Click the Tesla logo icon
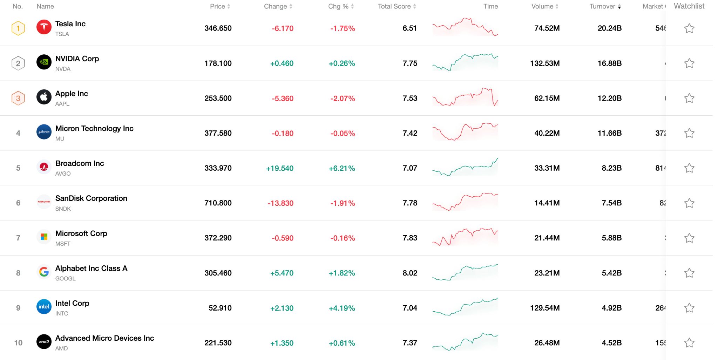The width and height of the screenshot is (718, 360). click(44, 27)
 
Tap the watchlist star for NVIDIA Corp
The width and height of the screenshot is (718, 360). click(689, 63)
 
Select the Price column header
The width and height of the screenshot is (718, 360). click(217, 6)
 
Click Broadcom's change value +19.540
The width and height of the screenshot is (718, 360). click(279, 168)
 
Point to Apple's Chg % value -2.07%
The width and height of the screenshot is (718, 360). click(342, 99)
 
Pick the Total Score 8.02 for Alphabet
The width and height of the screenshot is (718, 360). click(409, 273)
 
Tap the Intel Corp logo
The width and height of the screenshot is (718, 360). click(44, 307)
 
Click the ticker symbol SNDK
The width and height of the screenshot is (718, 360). click(63, 209)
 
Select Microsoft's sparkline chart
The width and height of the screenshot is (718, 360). click(465, 237)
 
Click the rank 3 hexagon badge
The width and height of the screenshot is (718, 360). click(18, 98)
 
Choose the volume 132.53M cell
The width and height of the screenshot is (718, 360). click(544, 63)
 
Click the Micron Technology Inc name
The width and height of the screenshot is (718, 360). click(94, 128)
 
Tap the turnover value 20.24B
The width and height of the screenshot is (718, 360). click(609, 28)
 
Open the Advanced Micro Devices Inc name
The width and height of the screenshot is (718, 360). click(104, 338)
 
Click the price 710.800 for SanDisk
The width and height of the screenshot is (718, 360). click(218, 203)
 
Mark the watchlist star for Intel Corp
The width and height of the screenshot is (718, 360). click(689, 308)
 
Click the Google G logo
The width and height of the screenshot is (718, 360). click(44, 272)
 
